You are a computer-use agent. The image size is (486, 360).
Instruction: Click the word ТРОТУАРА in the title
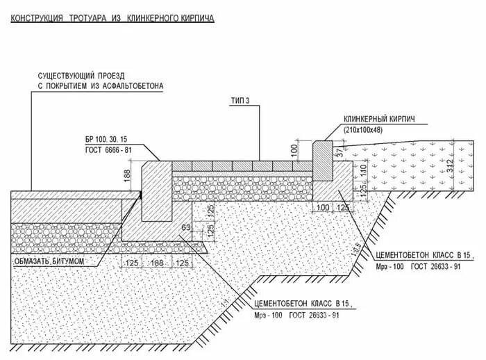[x=87, y=16]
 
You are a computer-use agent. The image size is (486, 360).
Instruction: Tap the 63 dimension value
[x=185, y=227]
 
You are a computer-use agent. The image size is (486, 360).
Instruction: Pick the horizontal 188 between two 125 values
[x=157, y=263]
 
